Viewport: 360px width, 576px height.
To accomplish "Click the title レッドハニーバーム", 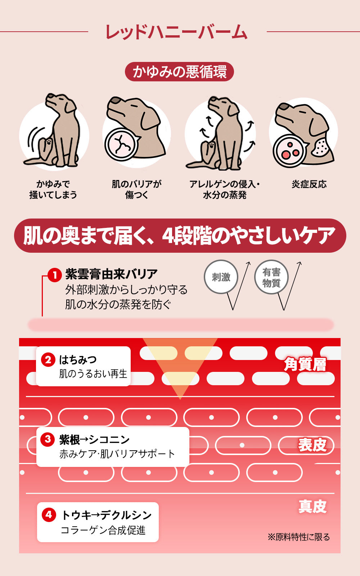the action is tap(176, 32).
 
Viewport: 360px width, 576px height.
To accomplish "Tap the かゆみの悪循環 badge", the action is tap(180, 72).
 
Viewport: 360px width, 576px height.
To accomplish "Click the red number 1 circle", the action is tap(54, 275).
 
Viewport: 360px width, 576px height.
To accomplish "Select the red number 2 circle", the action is tap(48, 360).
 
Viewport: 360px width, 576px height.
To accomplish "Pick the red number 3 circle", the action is tap(48, 439).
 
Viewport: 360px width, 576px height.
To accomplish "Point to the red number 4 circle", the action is tap(49, 515).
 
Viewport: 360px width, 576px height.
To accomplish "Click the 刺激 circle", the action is tap(221, 277).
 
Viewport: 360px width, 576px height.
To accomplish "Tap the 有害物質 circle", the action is tap(271, 277).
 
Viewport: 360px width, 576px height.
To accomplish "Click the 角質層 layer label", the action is tap(305, 364).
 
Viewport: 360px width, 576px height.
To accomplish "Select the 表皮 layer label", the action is tap(312, 445).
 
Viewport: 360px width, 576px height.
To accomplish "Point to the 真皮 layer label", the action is tap(312, 507).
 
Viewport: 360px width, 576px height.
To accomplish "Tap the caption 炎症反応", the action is tap(309, 184).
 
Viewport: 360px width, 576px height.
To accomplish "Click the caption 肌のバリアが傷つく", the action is tap(136, 189).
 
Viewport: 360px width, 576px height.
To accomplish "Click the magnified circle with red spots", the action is tap(289, 151).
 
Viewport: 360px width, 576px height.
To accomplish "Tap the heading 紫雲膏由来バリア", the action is tap(111, 274).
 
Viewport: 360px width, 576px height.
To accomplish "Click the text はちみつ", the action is tap(78, 360).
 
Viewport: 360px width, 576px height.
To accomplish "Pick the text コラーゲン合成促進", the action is tap(103, 530).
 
